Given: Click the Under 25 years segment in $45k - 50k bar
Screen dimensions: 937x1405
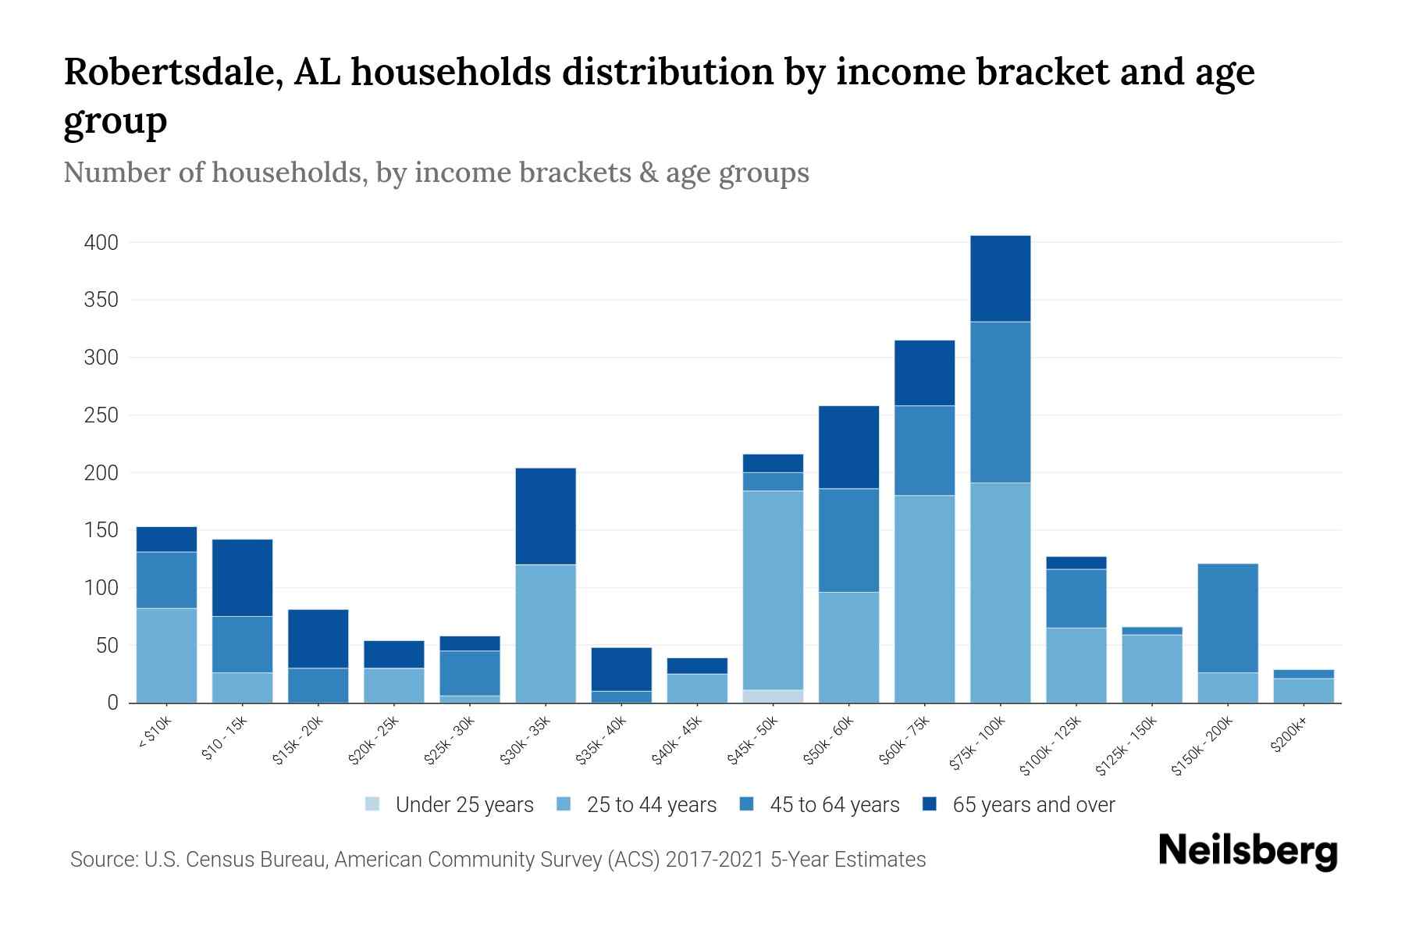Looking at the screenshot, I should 773,696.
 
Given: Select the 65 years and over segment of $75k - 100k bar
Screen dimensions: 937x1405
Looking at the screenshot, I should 1000,279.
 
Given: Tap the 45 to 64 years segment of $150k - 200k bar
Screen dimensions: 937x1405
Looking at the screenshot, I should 1228,618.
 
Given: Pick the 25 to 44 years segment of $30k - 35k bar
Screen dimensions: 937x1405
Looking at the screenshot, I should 546,633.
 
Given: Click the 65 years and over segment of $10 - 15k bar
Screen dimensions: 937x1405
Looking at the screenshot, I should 243,578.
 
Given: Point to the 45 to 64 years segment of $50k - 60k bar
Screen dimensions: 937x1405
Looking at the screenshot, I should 848,540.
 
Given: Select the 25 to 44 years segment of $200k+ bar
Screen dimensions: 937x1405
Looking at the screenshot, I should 1304,690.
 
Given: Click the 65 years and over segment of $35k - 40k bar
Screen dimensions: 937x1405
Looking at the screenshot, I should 621,669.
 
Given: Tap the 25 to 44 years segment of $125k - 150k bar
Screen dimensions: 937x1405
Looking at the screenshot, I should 1152,668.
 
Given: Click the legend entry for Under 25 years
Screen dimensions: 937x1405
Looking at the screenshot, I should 464,805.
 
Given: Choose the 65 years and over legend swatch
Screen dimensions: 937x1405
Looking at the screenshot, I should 930,804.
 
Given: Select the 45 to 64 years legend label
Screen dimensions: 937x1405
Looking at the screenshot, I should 834,805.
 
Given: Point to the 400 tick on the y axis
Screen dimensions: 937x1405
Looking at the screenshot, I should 101,243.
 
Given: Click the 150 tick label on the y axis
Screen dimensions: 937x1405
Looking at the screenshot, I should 101,530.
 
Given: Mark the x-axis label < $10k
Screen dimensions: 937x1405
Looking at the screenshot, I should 154,734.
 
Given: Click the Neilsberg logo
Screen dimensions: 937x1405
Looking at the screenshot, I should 1247,851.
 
